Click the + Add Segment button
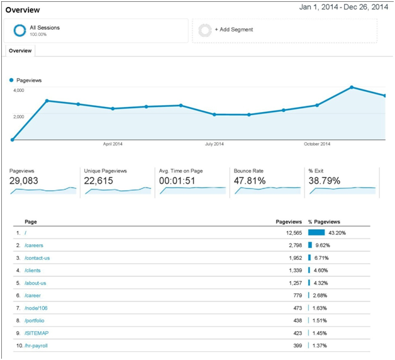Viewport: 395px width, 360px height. coord(234,30)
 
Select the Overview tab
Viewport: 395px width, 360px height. coord(20,51)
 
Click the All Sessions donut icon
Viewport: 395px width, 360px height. coord(19,30)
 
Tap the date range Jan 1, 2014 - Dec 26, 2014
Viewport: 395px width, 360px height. coord(343,7)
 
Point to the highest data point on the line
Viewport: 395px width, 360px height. coord(352,87)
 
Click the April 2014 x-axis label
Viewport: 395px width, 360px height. coord(113,144)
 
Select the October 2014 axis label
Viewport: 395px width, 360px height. coord(317,144)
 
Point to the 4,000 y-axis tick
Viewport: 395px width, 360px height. coord(19,90)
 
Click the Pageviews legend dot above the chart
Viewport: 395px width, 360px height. coord(11,80)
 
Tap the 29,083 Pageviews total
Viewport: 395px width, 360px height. coord(24,181)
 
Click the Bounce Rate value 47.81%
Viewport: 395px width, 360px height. coord(250,181)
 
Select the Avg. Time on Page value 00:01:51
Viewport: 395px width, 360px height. coord(177,181)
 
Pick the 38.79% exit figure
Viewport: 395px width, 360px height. coord(325,181)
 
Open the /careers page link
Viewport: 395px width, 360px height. coord(34,245)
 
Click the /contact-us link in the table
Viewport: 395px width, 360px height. coord(37,258)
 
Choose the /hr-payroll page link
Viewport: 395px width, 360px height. coord(36,346)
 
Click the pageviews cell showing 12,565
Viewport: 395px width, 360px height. coord(294,233)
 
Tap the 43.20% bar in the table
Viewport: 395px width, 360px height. coord(316,232)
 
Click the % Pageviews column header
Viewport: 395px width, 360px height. coord(324,222)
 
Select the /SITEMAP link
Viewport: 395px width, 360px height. coord(36,333)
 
